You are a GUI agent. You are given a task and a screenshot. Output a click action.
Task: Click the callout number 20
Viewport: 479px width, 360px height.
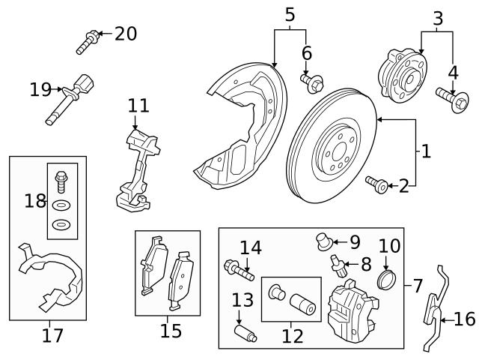pos(125,34)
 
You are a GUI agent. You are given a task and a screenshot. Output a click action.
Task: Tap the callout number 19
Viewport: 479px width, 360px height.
pos(40,90)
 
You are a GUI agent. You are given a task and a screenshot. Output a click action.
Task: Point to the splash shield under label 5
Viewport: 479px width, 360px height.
pos(239,127)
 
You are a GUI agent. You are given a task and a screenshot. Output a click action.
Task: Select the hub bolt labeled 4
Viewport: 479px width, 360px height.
pos(449,97)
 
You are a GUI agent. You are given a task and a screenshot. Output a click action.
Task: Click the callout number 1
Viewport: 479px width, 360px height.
pos(425,151)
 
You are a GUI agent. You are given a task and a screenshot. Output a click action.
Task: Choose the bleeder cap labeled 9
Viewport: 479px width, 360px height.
pos(324,241)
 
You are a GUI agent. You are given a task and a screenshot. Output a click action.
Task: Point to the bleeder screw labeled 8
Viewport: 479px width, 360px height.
pos(338,264)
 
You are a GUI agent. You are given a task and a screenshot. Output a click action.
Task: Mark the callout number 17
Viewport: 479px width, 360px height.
pos(52,335)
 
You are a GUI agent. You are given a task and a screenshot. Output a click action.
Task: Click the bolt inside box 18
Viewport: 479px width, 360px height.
pos(61,180)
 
